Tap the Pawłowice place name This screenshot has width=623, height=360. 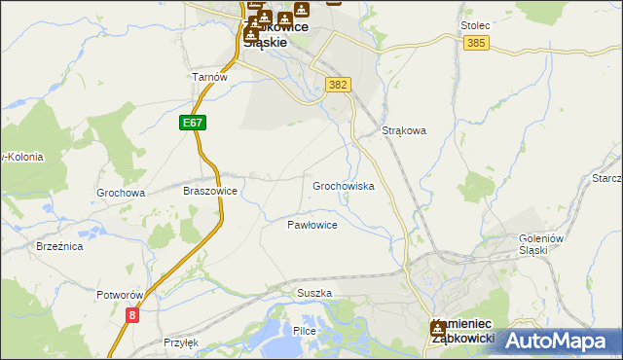tap(311, 225)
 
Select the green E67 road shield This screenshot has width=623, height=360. tap(193, 124)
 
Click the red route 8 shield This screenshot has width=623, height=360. tap(132, 314)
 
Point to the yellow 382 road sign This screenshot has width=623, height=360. tap(338, 85)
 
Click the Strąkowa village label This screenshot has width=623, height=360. tap(405, 130)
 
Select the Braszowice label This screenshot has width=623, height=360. tap(210, 192)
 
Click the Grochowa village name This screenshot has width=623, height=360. tap(121, 193)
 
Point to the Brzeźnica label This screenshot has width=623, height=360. tap(59, 247)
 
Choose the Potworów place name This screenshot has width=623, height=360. tap(121, 294)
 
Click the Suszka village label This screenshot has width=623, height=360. tap(314, 293)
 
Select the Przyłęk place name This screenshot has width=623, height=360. tap(181, 342)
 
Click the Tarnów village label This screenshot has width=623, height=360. tap(209, 77)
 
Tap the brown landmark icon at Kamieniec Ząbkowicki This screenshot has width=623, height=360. tap(438, 328)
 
